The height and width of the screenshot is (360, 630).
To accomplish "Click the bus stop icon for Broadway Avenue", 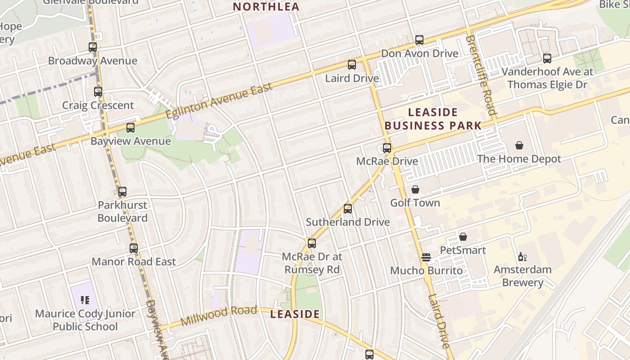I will point(93,47).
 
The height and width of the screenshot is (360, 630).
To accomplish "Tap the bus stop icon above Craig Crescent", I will point(98,92).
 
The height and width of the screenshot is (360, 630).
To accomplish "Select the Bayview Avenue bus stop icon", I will point(130,128).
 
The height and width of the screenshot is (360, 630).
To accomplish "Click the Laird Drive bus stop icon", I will point(352,65).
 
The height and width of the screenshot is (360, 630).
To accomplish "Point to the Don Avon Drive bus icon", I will point(419,40).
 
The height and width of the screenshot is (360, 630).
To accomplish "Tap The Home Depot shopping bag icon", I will point(519,145).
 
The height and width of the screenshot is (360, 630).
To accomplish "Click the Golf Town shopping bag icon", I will point(415,189).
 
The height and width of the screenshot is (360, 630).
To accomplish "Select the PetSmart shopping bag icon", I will point(463,237).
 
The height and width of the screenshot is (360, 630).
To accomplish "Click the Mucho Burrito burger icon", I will point(426,257).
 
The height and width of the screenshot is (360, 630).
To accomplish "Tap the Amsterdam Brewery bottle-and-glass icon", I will point(522,256).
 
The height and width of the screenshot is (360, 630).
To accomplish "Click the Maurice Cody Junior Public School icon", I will point(85,300).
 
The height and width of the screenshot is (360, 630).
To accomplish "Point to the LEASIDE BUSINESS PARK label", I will point(433,119).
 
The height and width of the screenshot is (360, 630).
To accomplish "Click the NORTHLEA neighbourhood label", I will point(266,7).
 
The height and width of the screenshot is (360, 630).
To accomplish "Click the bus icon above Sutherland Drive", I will point(348,209).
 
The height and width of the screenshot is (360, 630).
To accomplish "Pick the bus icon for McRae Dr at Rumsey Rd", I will point(312,243).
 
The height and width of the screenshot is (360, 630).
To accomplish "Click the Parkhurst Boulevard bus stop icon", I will point(122,192).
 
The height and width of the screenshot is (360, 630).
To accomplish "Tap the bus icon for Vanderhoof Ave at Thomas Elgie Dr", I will point(547,58).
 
